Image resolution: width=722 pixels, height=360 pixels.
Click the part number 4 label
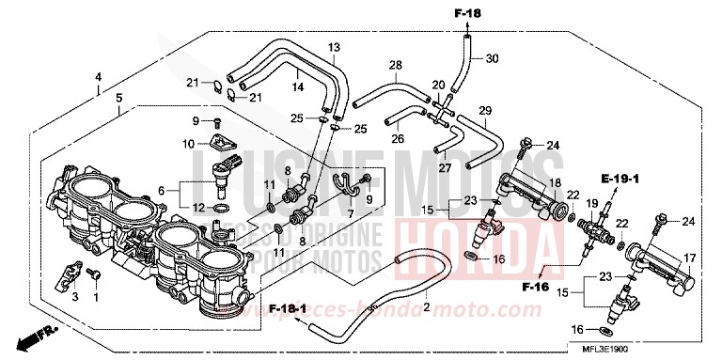(98, 76)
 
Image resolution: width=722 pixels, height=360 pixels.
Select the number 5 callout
(118, 97)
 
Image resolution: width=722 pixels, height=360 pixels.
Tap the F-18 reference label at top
(467, 14)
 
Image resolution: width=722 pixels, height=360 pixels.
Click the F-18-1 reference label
(287, 307)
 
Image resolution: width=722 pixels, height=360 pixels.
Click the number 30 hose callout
(492, 58)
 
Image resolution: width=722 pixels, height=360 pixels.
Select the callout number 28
(396, 65)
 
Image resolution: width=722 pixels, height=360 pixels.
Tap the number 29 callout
(485, 111)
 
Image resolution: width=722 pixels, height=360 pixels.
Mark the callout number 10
(189, 144)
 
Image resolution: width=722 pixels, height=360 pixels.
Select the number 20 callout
(437, 86)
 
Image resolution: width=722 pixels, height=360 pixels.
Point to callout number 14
(297, 87)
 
